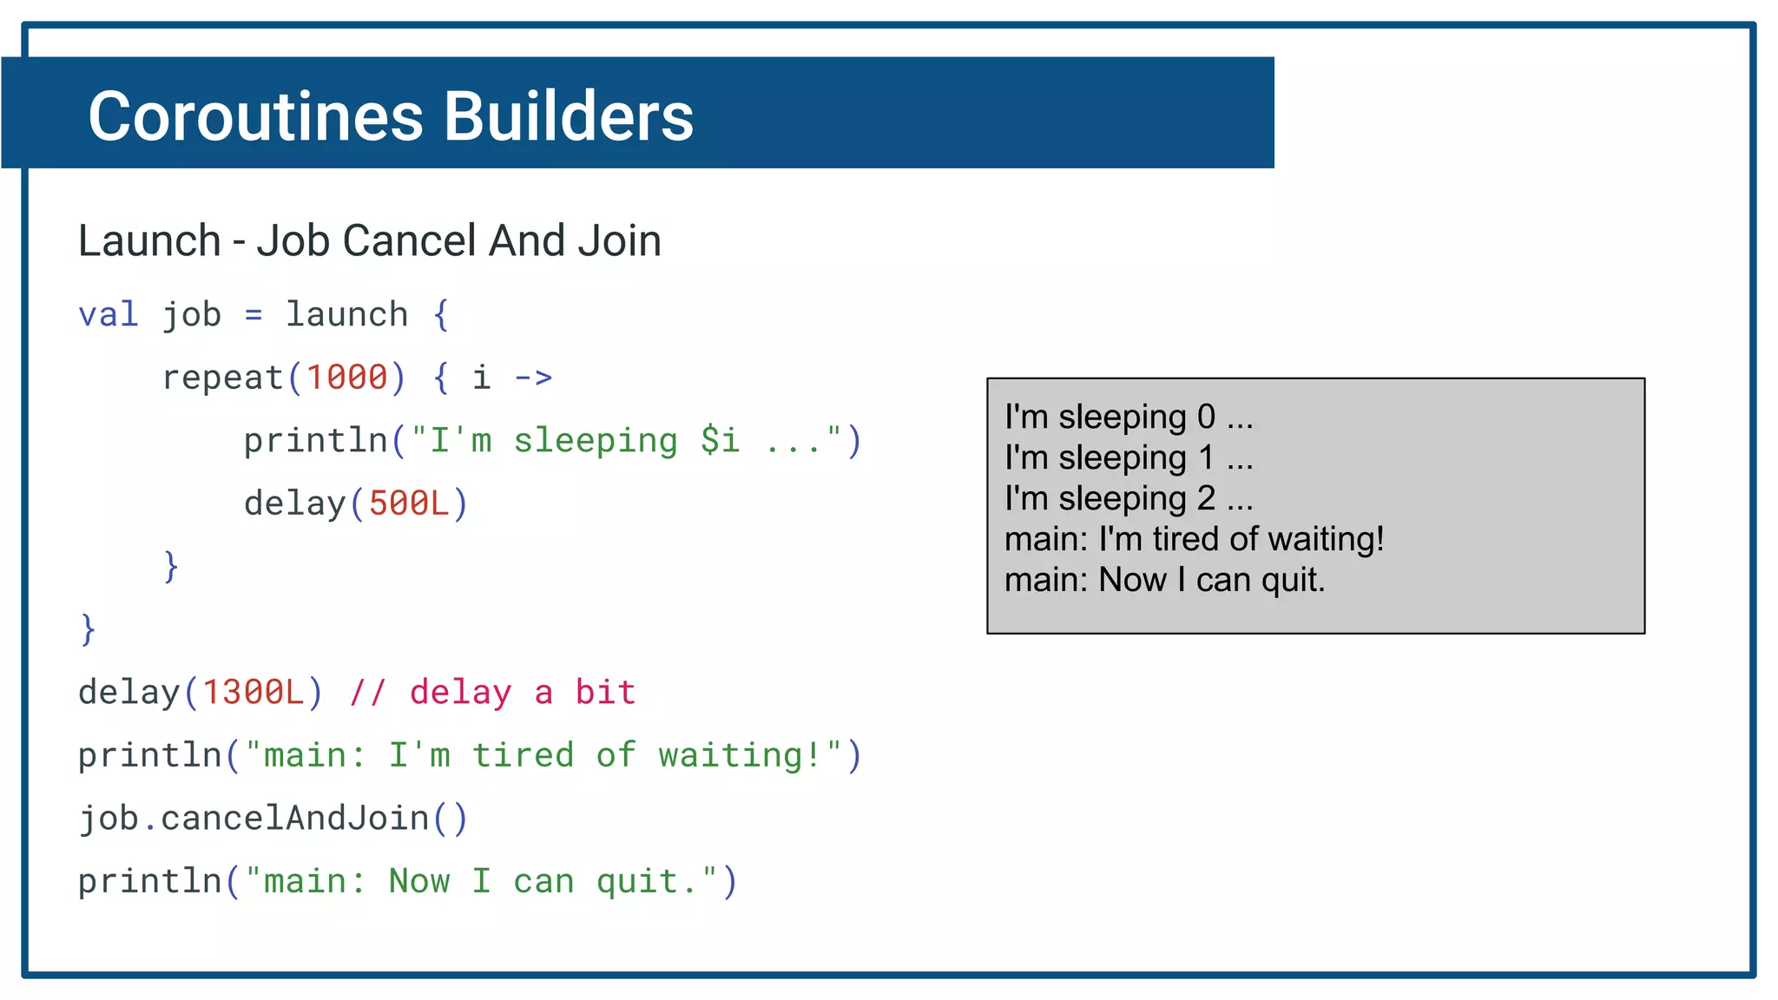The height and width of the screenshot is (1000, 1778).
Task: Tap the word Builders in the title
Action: tap(569, 116)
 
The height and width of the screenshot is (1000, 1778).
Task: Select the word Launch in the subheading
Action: tap(149, 240)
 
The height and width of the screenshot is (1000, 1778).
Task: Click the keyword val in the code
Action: tap(108, 314)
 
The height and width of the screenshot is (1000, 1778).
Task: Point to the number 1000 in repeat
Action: tap(346, 378)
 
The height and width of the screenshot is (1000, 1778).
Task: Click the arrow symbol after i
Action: tap(533, 378)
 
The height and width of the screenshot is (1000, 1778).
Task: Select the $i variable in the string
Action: tap(720, 441)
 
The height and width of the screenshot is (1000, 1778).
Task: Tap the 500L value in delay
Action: tap(409, 503)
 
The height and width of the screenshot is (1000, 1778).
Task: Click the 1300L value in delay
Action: tap(253, 693)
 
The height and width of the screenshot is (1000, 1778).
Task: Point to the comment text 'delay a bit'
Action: tap(523, 693)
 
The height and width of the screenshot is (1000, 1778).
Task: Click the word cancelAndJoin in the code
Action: tap(295, 819)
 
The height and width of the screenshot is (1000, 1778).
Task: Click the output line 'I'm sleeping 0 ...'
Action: tap(1129, 418)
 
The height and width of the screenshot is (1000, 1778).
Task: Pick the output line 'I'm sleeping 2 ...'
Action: tap(1129, 499)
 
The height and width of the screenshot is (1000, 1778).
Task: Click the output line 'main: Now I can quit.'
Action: tap(1164, 580)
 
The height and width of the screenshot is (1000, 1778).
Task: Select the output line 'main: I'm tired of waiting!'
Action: tap(1194, 539)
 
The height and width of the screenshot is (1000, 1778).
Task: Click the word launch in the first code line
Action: tap(346, 314)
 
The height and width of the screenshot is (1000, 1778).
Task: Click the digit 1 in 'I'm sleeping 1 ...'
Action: tap(1207, 458)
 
